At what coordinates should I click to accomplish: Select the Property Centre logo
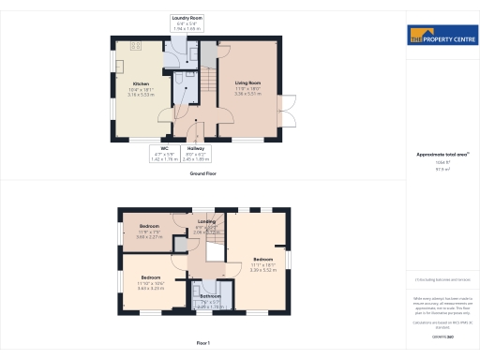pos(440,37)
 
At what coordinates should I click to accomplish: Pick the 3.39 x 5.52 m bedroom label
pos(262,262)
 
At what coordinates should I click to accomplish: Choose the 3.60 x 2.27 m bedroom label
pos(150,230)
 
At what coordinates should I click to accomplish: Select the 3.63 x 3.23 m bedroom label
pos(151,280)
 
